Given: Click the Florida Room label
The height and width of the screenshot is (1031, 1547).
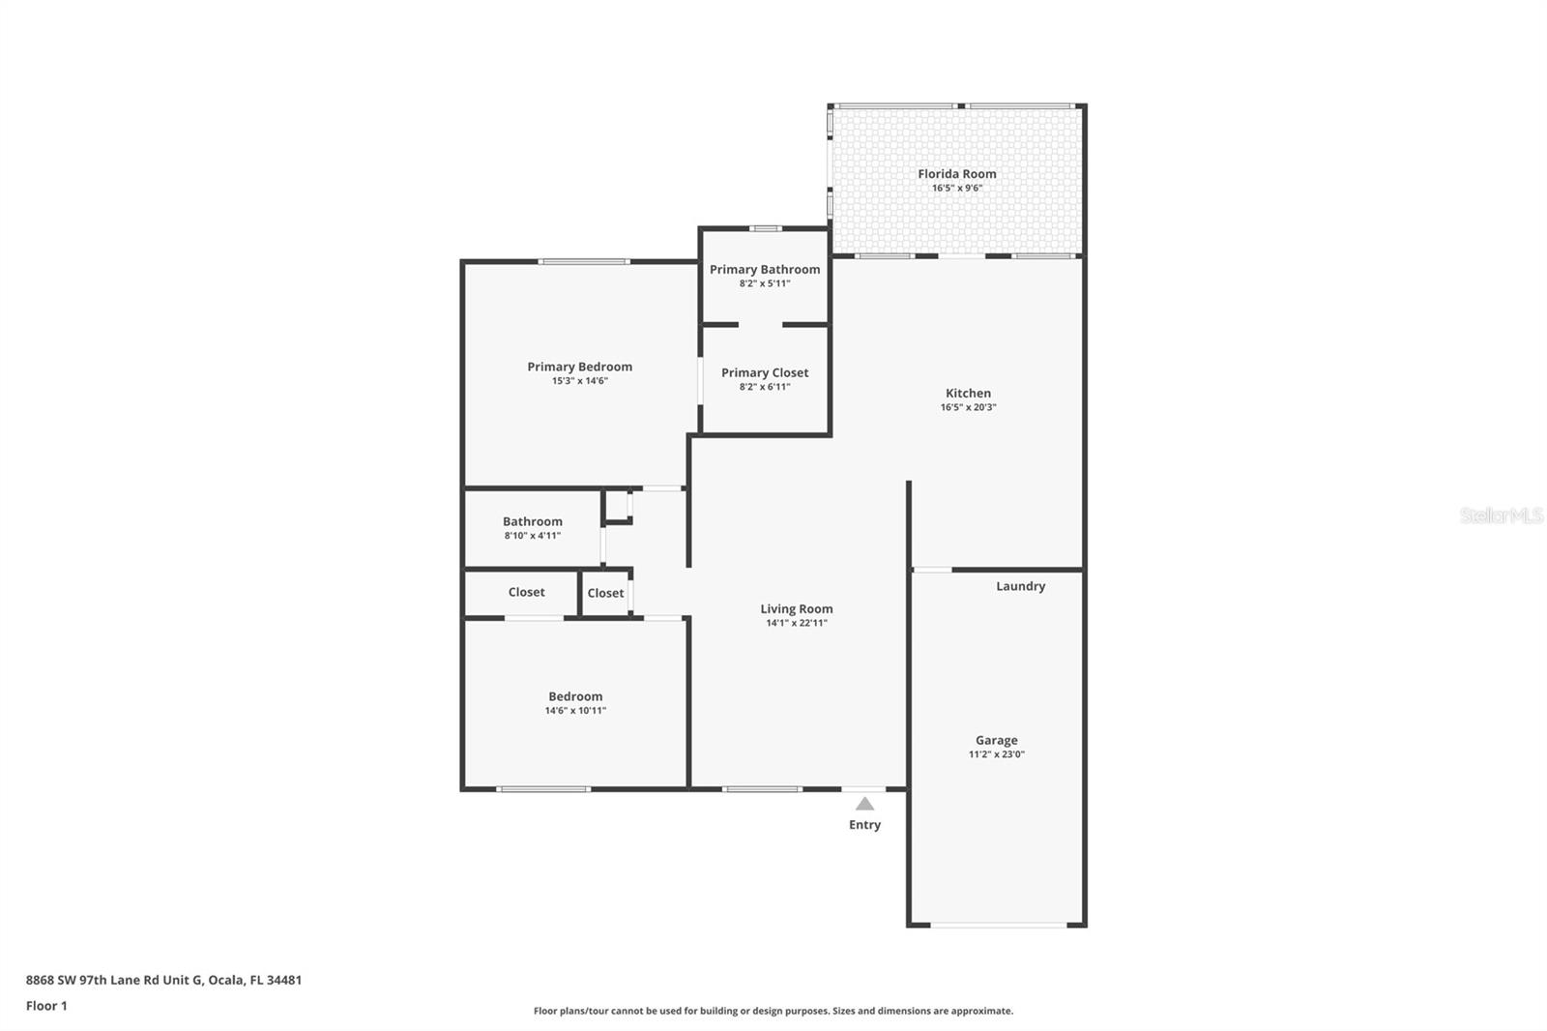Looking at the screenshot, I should tap(956, 174).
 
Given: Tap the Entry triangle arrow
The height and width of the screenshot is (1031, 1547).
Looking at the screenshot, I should tap(864, 804).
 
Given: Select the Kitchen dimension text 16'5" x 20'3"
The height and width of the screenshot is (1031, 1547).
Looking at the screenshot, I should tap(968, 407).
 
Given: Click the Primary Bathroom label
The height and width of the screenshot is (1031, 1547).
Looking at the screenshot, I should tap(764, 269).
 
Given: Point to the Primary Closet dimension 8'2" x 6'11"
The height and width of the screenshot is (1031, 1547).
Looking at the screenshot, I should tap(764, 387).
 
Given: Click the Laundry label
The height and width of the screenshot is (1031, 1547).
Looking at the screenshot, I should tap(1020, 586).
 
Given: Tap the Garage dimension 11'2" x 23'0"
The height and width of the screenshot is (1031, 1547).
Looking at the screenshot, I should tap(996, 754).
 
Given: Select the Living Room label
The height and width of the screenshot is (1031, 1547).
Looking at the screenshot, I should tap(796, 608).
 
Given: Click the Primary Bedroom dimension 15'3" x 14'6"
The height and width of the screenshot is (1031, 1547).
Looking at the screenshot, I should tap(579, 381).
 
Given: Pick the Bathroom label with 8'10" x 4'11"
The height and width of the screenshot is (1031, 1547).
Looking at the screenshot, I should tap(532, 521).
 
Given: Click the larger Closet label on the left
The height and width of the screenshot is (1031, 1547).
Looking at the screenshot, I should tap(526, 592).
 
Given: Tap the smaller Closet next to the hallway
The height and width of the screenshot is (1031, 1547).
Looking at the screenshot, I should tap(605, 593).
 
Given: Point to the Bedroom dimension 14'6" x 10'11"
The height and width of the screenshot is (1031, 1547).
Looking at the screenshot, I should tap(575, 711).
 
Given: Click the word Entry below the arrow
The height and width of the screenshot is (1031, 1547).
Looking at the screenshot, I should tap(864, 825).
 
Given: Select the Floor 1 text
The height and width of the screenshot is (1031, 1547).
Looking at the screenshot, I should tap(46, 1006).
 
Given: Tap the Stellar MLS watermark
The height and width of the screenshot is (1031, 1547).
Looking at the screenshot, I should tap(1501, 515).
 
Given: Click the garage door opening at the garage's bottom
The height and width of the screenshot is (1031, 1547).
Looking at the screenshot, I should tap(998, 926).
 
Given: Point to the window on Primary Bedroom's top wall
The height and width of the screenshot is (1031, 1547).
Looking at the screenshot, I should tap(584, 261).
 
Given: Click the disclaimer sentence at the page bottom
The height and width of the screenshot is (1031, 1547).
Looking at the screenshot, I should tap(773, 1011).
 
